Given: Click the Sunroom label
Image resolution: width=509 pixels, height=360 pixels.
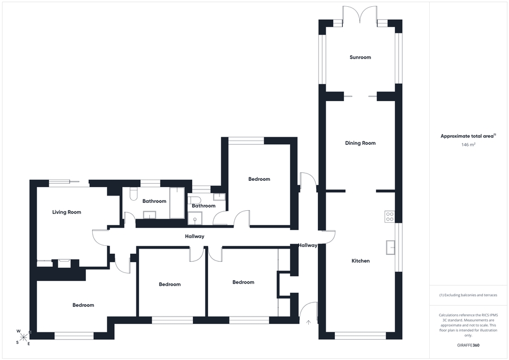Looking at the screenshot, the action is point(360,58).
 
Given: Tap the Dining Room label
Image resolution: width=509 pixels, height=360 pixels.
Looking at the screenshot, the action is point(360,143).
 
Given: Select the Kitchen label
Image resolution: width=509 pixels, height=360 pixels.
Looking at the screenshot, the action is point(360,261).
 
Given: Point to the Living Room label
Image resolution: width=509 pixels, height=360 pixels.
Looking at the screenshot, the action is point(67,212).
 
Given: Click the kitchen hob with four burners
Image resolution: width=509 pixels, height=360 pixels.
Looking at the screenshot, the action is point(390,216).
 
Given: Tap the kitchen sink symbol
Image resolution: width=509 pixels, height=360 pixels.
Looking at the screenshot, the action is point(390,248).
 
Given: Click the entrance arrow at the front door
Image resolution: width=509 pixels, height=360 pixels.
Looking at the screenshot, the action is point(308,322).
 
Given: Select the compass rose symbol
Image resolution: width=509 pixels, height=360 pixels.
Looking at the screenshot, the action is point(24,337).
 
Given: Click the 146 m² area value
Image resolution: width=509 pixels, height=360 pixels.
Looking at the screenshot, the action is point(468,145).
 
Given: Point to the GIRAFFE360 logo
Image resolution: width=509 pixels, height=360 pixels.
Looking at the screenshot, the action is point(468,345).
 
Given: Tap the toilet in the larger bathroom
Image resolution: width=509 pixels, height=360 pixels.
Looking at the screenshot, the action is point(133,194).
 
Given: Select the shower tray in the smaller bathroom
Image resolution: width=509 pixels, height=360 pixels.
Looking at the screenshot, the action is point(195,218).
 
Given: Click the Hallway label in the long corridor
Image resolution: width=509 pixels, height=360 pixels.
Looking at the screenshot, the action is point(195,236).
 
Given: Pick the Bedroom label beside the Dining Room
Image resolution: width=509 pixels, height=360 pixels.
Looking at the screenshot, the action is point(259,179).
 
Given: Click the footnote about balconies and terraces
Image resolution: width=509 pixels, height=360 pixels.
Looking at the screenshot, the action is point(468,295).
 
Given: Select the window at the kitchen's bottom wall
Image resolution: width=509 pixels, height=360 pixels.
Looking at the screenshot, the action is point(360,336).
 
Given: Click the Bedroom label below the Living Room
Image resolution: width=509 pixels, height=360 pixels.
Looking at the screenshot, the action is point(83,305).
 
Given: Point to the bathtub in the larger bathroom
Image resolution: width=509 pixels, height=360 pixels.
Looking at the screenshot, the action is point(177,203).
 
